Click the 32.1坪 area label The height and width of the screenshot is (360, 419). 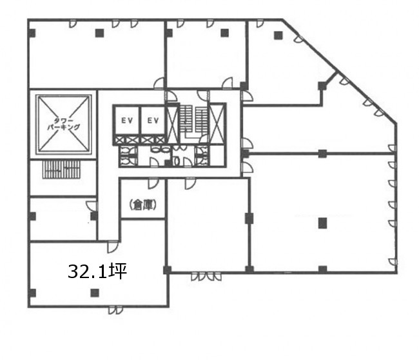click(x=97, y=272)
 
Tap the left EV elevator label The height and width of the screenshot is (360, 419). click(x=127, y=121)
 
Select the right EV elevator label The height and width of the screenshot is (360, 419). click(x=153, y=121)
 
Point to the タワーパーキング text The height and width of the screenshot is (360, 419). click(x=64, y=124)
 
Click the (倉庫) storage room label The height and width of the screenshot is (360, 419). click(x=142, y=205)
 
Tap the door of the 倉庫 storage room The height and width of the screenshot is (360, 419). click(x=153, y=184)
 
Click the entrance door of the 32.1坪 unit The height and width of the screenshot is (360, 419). click(x=113, y=246)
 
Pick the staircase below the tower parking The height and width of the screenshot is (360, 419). click(x=61, y=170)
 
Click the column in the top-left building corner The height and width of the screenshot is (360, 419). click(x=32, y=33)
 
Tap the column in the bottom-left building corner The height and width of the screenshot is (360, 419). click(x=32, y=293)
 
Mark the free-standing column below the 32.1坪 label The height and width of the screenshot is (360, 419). click(x=95, y=293)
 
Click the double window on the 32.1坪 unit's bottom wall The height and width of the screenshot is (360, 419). click(x=115, y=310)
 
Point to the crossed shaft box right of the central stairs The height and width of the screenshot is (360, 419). click(x=217, y=124)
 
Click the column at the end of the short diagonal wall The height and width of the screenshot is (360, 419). click(x=322, y=86)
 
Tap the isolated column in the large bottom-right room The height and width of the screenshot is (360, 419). click(x=322, y=223)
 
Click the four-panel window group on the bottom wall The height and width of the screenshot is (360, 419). click(x=206, y=276)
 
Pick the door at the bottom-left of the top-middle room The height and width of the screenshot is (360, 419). click(x=159, y=83)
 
